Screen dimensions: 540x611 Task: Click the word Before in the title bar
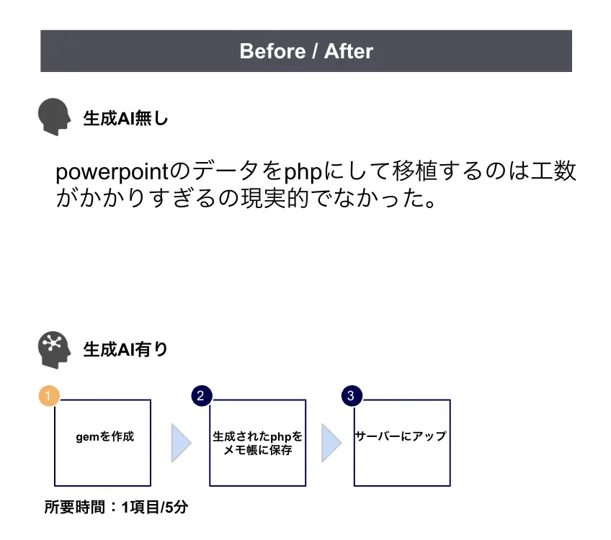(262, 51)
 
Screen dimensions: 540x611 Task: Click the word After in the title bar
(349, 51)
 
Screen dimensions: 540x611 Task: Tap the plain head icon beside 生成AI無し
(54, 117)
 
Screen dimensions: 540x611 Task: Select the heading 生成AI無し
(125, 118)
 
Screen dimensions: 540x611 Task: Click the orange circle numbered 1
(48, 396)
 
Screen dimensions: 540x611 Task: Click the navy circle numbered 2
(200, 396)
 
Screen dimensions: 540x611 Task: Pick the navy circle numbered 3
(351, 396)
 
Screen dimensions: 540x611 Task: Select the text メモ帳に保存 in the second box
(257, 451)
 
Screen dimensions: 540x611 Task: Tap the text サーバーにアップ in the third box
(401, 436)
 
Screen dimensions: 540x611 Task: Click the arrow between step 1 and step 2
(181, 443)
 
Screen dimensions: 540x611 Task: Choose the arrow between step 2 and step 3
(331, 443)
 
